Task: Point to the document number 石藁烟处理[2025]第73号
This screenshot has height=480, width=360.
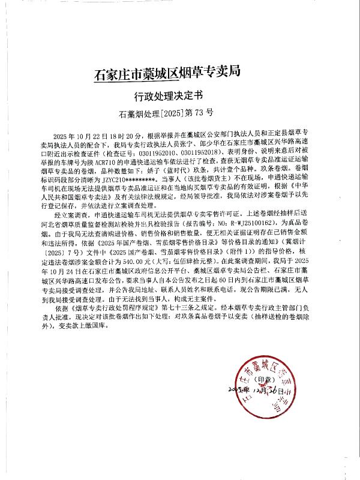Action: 167,112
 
